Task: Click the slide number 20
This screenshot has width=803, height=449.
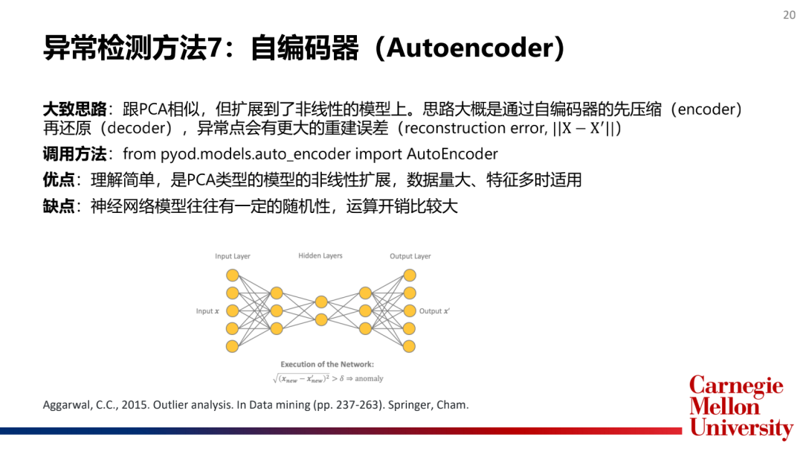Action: [x=789, y=14]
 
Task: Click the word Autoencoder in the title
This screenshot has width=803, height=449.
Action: [x=471, y=48]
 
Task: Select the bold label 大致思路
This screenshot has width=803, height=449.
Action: [x=74, y=109]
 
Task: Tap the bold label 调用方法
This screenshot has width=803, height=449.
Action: [x=74, y=154]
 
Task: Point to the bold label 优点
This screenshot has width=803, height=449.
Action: [x=59, y=180]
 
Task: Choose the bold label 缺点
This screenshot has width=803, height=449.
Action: [x=59, y=206]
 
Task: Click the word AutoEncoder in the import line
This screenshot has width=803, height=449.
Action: [x=452, y=154]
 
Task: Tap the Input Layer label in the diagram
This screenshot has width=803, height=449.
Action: [x=233, y=256]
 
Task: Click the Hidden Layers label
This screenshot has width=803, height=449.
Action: [x=320, y=255]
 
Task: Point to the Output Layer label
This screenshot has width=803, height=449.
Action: [x=410, y=256]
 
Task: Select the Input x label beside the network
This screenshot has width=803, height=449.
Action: [x=207, y=311]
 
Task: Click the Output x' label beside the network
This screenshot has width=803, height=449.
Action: [x=435, y=311]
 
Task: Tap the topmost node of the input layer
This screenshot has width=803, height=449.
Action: [x=233, y=276]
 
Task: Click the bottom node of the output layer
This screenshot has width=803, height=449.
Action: [x=409, y=346]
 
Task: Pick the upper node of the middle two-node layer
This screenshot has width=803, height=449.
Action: [x=321, y=302]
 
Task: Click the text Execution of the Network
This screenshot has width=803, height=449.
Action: [x=327, y=364]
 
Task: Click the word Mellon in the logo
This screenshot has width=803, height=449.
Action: [x=724, y=407]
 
